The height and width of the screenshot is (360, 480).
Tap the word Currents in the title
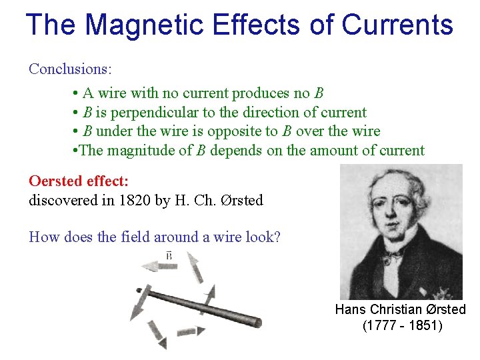[x=397, y=25]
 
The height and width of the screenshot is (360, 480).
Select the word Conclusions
[x=70, y=69]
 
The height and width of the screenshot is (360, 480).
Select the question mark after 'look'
[x=277, y=237]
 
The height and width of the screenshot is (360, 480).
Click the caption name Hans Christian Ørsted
[x=400, y=309]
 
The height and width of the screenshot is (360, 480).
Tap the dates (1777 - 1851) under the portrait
[x=401, y=326]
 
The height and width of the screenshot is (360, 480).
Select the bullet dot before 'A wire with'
[x=77, y=93]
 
